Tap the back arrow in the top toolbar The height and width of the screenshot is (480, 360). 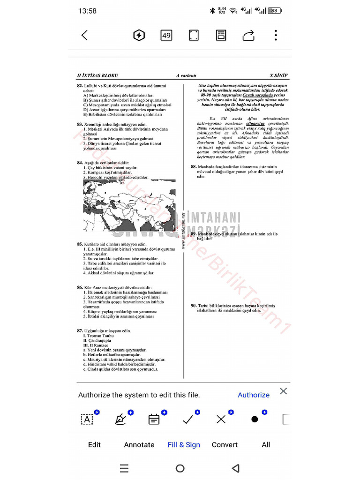pyautogui.click(x=85, y=35)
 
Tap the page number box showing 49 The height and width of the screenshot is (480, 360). pyautogui.click(x=166, y=35)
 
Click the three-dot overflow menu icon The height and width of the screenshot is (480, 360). pyautogui.click(x=276, y=35)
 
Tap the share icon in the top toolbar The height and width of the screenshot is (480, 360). pyautogui.click(x=248, y=36)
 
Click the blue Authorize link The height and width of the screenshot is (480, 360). pyautogui.click(x=254, y=395)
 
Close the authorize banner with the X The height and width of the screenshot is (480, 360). pyautogui.click(x=283, y=391)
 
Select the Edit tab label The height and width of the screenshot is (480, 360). pyautogui.click(x=94, y=444)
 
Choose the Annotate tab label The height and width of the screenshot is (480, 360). pyautogui.click(x=139, y=444)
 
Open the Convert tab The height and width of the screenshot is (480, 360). pyautogui.click(x=225, y=444)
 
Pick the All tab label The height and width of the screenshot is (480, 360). pyautogui.click(x=266, y=444)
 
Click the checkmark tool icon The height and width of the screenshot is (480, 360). pyautogui.click(x=188, y=419)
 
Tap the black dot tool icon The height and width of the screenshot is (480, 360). pyautogui.click(x=255, y=419)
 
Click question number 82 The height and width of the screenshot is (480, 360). pyautogui.click(x=80, y=86)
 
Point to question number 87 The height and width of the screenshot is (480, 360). pyautogui.click(x=80, y=331)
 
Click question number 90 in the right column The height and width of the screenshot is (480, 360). pyautogui.click(x=194, y=306)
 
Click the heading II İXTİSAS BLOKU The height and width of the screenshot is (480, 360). pyautogui.click(x=97, y=75)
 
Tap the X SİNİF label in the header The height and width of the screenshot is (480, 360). pyautogui.click(x=278, y=75)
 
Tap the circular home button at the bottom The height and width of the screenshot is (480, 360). pyautogui.click(x=180, y=468)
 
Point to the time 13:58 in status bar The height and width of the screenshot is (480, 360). pyautogui.click(x=88, y=11)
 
